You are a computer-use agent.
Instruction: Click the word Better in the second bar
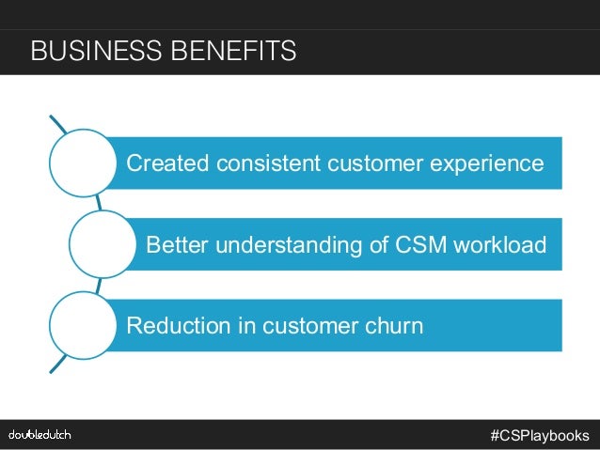point(178,245)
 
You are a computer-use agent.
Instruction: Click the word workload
point(499,245)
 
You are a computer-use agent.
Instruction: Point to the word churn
point(395,326)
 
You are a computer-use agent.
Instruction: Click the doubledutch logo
point(39,435)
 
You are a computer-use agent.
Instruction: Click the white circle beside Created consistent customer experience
point(82,163)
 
